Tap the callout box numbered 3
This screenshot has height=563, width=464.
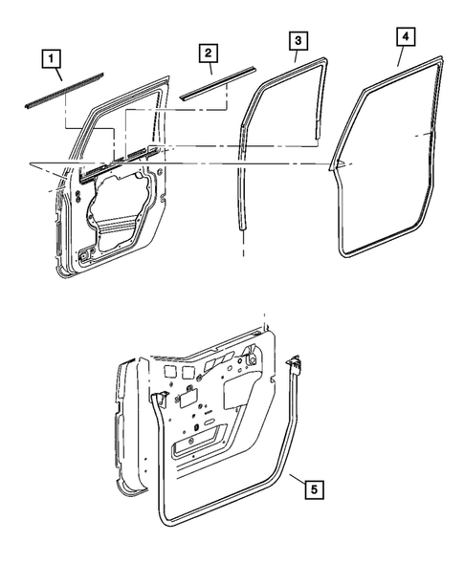(298, 41)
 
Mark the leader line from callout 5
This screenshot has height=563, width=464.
(294, 478)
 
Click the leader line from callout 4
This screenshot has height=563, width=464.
(401, 57)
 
